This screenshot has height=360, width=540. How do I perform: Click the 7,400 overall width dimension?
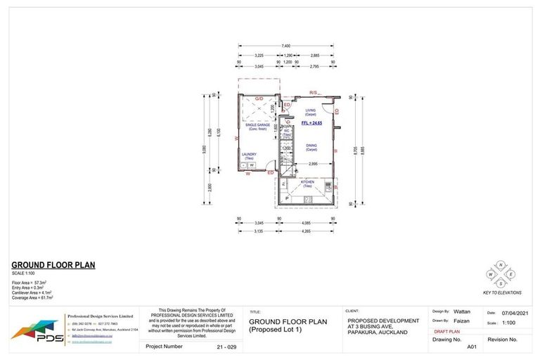click(x=286, y=46)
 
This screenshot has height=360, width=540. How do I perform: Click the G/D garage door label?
click(x=259, y=98)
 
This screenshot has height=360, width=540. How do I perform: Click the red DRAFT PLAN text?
click(x=447, y=330)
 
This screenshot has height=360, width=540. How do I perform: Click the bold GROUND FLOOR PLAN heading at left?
click(x=53, y=266)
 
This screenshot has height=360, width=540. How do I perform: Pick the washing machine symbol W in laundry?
click(x=251, y=165)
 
